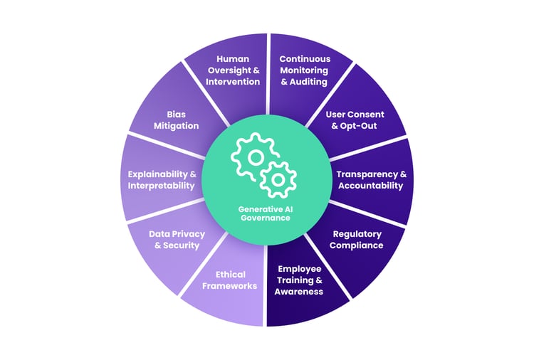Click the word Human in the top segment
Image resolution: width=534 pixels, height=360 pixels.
233,59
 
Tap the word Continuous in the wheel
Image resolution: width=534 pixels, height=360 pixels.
305,59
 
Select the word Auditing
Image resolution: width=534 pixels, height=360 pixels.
308,82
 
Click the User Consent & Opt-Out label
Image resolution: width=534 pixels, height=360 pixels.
355,120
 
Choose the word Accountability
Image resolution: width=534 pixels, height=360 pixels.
370,186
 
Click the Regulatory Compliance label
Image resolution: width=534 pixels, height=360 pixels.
357,240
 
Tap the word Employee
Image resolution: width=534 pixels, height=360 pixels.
300,269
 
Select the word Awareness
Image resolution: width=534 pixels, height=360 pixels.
298,292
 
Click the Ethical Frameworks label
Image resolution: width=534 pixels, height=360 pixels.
230,280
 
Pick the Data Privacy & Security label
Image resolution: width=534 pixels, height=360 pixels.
177,240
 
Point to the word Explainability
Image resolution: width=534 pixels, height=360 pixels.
157,174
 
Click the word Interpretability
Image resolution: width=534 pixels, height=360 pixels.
161,186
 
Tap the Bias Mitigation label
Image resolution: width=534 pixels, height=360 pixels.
176,120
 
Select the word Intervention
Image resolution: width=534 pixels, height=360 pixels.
233,82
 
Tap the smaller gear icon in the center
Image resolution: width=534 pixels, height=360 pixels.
278,180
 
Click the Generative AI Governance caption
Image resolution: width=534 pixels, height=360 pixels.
266,213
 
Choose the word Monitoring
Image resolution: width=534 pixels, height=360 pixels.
304,70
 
